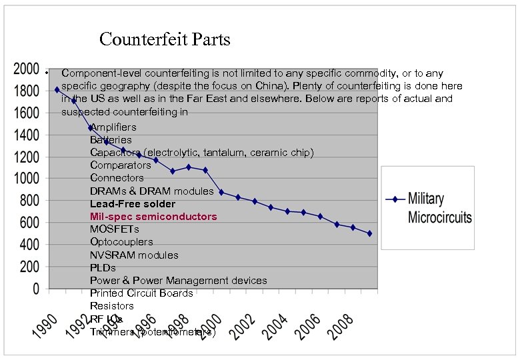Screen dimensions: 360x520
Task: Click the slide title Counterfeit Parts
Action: (165, 39)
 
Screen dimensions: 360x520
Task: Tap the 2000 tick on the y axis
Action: (27, 69)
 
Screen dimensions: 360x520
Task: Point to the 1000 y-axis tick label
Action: (27, 179)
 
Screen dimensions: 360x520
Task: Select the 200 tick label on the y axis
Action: (29, 267)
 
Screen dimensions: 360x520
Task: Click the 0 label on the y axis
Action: (37, 289)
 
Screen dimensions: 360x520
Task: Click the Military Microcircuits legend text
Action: (439, 207)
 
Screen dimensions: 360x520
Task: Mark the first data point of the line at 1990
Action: (57, 89)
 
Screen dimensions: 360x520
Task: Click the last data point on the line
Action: (369, 233)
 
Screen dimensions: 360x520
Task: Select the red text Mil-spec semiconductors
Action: (153, 217)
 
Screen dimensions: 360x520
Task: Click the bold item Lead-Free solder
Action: (133, 204)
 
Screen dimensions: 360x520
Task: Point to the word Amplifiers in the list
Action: (113, 127)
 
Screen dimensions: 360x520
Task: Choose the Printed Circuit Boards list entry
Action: (141, 293)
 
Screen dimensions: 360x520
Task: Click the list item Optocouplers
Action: (121, 242)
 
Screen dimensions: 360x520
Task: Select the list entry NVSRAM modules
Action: (134, 255)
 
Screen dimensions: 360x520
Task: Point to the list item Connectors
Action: (117, 178)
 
